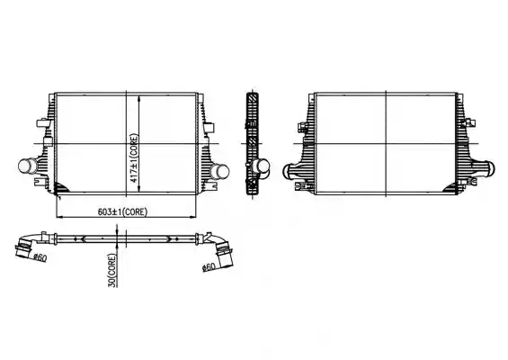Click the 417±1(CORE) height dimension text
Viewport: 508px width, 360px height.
[135, 158]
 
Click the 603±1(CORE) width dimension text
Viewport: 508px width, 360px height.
[123, 212]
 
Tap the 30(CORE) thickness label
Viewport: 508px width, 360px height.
[112, 270]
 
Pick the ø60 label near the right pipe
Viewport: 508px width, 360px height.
[209, 267]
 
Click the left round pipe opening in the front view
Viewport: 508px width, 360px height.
[26, 166]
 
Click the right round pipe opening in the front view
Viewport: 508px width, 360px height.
[220, 171]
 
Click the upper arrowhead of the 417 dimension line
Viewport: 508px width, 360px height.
[139, 99]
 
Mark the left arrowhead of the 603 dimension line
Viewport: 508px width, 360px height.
[60, 216]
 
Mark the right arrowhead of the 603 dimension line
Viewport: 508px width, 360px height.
[192, 216]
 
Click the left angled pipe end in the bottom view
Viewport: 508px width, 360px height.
[23, 247]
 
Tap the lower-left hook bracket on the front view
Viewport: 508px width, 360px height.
[40, 181]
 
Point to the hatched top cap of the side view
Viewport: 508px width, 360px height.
[253, 97]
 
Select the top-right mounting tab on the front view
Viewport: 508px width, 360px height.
[201, 98]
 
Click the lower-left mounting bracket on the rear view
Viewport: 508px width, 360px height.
[302, 186]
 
